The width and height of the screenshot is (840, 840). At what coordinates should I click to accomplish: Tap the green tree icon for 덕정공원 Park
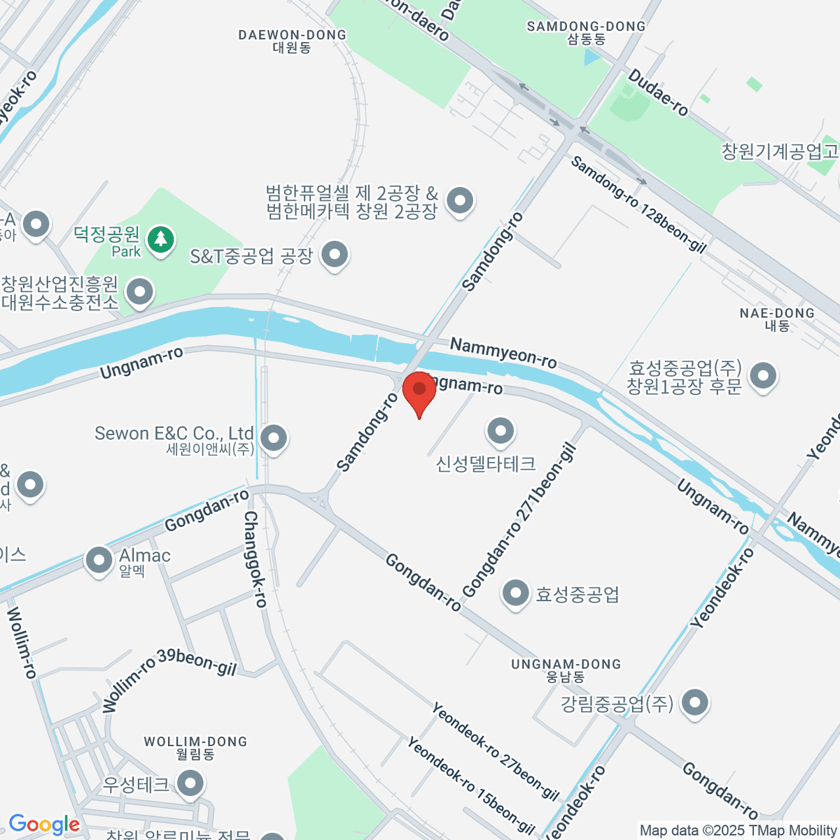[162, 240]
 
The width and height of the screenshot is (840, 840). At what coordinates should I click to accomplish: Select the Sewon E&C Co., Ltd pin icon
[273, 439]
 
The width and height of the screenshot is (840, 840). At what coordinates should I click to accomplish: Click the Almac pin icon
[99, 559]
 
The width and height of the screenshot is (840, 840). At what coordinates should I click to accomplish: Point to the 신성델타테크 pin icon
[500, 431]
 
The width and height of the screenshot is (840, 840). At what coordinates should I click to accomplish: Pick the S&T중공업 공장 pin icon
[335, 255]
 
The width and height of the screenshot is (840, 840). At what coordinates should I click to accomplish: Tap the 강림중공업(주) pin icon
[694, 702]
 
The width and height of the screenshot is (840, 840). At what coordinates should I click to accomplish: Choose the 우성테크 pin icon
[190, 783]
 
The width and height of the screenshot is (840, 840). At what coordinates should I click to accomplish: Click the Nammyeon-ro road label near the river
[503, 352]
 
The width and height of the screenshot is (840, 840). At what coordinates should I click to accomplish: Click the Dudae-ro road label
[658, 92]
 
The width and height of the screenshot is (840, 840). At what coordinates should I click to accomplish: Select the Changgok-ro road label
[255, 559]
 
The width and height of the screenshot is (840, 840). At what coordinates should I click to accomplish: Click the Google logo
[44, 825]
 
